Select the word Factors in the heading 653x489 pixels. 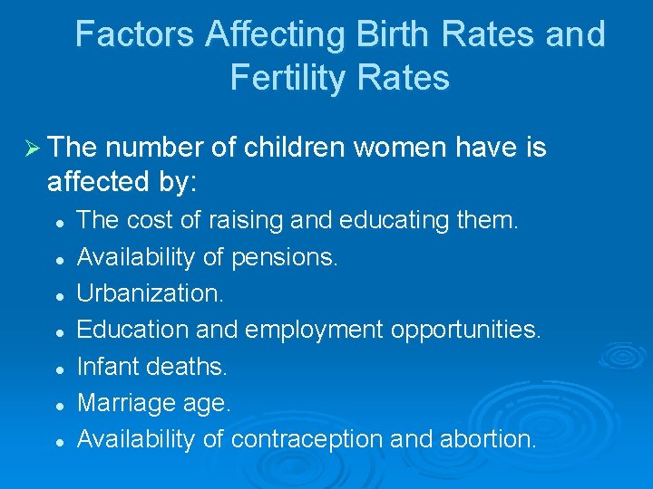pyautogui.click(x=135, y=34)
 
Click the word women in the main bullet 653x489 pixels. pyautogui.click(x=407, y=148)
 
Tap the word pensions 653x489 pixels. pyautogui.click(x=284, y=257)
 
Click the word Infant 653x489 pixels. pyautogui.click(x=105, y=367)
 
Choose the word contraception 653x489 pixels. pyautogui.click(x=309, y=439)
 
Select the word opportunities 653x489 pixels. pyautogui.click(x=465, y=331)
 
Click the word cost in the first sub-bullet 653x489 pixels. pyautogui.click(x=144, y=221)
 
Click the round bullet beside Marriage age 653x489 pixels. pyautogui.click(x=57, y=405)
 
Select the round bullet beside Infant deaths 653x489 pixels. pyautogui.click(x=57, y=369)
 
